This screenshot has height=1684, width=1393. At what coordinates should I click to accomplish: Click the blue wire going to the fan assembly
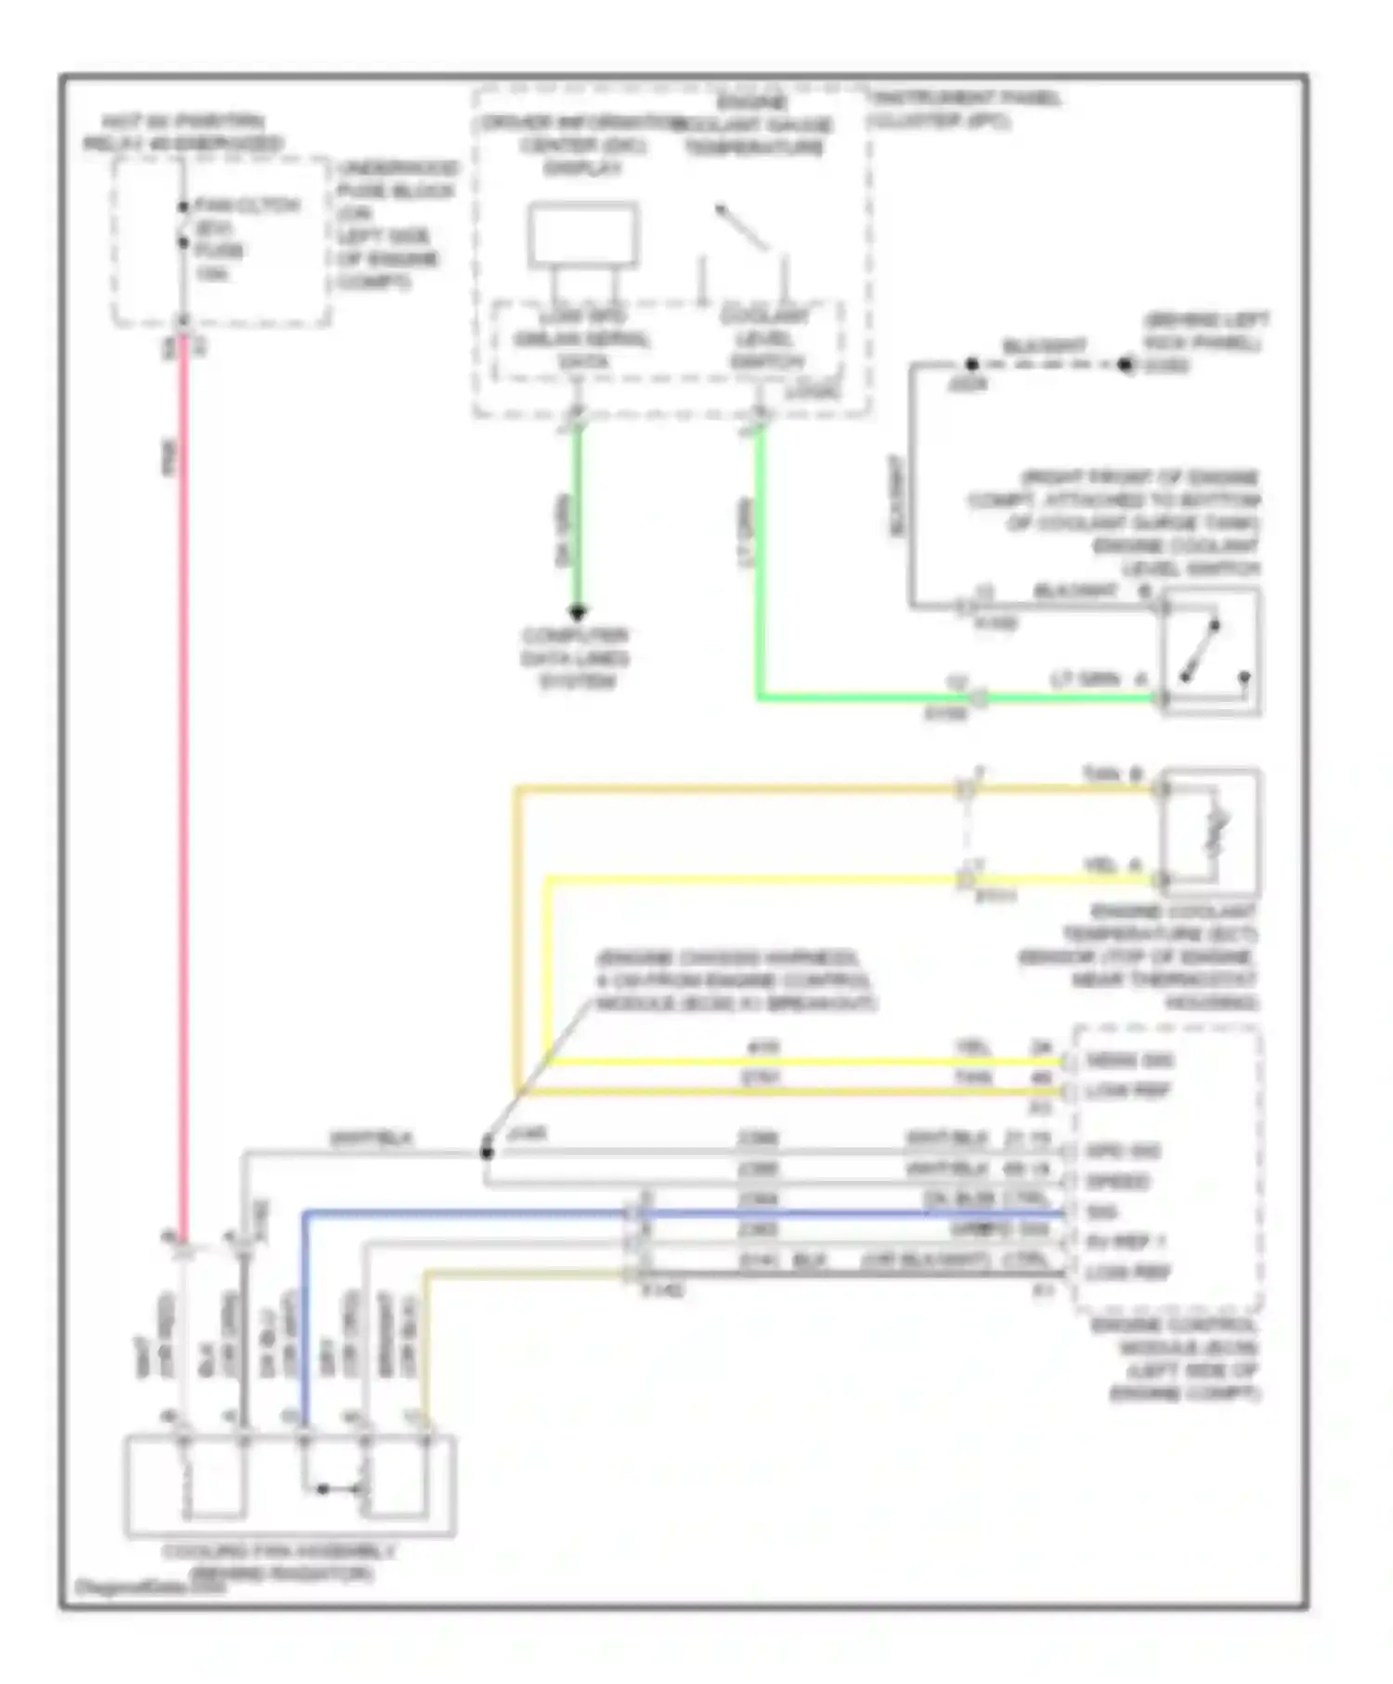[x=464, y=1212]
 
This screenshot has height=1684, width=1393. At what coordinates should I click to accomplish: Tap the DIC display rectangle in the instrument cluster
[x=583, y=236]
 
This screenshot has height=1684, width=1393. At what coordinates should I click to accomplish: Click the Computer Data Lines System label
[x=576, y=658]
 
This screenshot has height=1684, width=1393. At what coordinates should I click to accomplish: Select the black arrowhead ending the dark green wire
[x=577, y=612]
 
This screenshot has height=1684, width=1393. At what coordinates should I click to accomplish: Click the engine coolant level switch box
[x=1211, y=651]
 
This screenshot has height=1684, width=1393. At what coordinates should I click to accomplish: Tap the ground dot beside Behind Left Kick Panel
[x=1126, y=365]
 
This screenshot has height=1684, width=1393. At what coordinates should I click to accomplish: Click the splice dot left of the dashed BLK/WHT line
[x=971, y=364]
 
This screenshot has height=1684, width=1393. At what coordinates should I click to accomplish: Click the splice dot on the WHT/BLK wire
[x=486, y=1152]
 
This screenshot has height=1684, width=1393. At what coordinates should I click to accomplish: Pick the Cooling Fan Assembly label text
[x=280, y=1562]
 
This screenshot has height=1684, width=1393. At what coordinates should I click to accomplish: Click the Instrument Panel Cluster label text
[x=966, y=109]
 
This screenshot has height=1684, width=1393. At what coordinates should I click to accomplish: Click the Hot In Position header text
[x=183, y=133]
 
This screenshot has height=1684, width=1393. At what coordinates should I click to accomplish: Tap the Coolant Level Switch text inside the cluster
[x=765, y=338]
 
